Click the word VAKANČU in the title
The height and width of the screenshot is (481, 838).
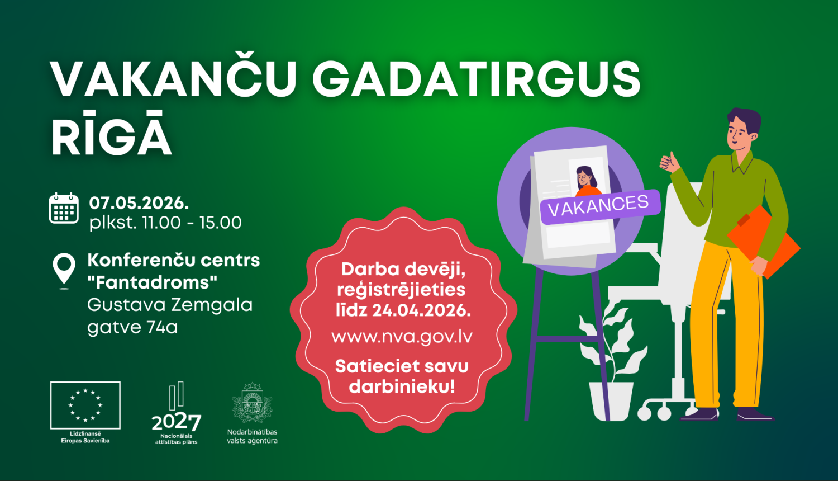click(174, 80)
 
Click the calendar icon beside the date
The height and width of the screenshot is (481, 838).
click(64, 208)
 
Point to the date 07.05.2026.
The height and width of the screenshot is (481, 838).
click(139, 202)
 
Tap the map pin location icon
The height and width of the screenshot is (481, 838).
click(64, 270)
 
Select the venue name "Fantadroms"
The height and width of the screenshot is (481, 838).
click(152, 282)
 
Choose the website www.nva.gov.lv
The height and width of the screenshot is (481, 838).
click(402, 337)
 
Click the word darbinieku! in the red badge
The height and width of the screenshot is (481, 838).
click(402, 386)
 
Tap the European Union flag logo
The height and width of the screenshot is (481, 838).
click(85, 405)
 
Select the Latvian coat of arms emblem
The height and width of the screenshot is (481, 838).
click(252, 403)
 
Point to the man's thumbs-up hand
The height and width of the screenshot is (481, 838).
click(669, 162)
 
